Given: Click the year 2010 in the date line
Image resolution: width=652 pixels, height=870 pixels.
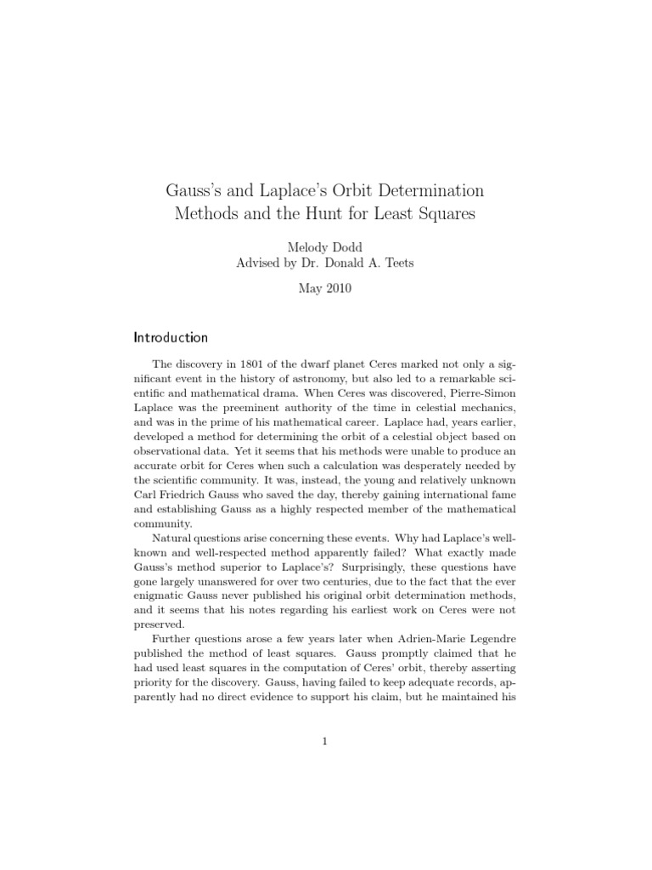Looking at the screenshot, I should (x=339, y=288).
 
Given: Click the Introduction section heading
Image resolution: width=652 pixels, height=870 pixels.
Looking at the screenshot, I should (x=171, y=337).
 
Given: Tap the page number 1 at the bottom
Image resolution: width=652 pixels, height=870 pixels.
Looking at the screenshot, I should (x=325, y=741).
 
